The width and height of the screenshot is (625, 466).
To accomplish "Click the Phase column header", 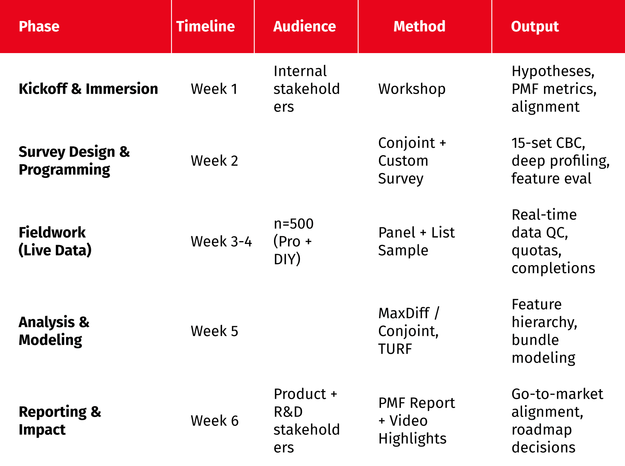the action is (39, 26).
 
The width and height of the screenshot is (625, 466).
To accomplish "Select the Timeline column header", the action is (205, 26).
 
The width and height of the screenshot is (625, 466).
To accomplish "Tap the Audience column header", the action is (304, 26).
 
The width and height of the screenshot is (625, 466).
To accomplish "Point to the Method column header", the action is (419, 26).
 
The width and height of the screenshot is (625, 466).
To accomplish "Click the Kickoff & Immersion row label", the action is (88, 88).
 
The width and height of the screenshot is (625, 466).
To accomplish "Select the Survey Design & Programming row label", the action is (74, 161).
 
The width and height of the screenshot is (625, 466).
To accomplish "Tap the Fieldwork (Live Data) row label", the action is (55, 242).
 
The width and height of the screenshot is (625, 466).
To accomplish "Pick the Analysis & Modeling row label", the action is (54, 331).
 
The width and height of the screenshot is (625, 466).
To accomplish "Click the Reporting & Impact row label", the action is (60, 421).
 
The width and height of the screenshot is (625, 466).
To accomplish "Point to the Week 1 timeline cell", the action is (214, 89).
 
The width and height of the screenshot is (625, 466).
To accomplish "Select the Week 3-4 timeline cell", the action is (221, 242).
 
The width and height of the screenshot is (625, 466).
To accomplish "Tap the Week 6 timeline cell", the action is (214, 421).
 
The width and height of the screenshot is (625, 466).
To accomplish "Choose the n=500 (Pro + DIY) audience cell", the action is (293, 242).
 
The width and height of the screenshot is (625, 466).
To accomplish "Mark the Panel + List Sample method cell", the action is (416, 242).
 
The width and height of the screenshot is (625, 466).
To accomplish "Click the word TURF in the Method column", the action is (395, 349).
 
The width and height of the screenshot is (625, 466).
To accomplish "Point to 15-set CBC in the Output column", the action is (548, 143).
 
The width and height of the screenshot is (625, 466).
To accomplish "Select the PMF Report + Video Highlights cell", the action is (417, 421).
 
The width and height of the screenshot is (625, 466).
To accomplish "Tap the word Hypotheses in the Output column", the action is (553, 71).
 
